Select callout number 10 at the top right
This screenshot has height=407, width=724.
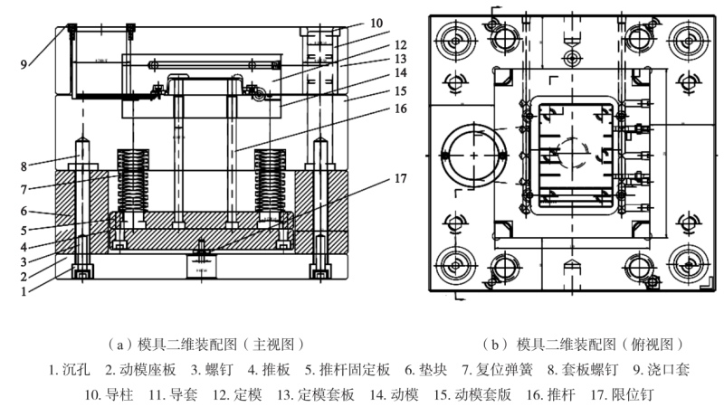(x=376, y=23)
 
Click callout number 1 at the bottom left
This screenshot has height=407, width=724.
(x=24, y=291)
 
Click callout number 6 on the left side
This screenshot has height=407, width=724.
(x=26, y=210)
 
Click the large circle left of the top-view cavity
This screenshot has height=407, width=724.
(x=473, y=156)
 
